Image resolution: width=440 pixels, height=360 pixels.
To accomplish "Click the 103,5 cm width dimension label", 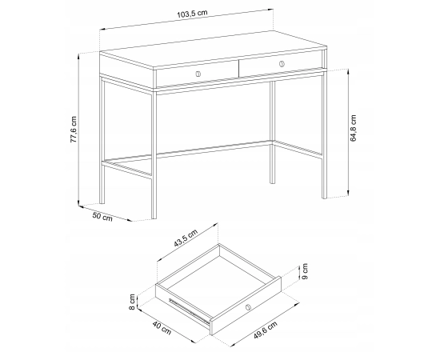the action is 192,14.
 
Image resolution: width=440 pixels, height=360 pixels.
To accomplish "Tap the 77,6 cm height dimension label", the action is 74,130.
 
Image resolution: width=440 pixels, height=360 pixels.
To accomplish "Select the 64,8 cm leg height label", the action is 354,128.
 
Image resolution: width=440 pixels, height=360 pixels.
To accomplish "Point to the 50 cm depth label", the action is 102,217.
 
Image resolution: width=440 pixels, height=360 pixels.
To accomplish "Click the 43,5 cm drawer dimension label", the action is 186,238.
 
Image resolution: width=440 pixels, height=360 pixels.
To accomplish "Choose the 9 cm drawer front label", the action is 305,271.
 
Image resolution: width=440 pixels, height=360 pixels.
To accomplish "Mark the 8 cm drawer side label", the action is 132,302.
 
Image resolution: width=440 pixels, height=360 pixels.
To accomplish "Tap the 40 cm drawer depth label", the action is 162,328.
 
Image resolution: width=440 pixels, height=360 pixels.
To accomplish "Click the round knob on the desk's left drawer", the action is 198,74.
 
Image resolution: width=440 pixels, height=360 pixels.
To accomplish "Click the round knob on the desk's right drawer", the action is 282,64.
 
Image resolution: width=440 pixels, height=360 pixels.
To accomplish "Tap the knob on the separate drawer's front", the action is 248,307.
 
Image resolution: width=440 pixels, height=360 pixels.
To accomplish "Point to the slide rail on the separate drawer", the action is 190,310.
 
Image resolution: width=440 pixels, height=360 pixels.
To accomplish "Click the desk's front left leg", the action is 154,154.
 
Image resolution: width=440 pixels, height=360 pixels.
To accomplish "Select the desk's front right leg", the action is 324,134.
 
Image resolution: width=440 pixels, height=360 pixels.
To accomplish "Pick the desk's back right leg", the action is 273,132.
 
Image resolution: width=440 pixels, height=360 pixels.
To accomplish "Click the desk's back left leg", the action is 102,141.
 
